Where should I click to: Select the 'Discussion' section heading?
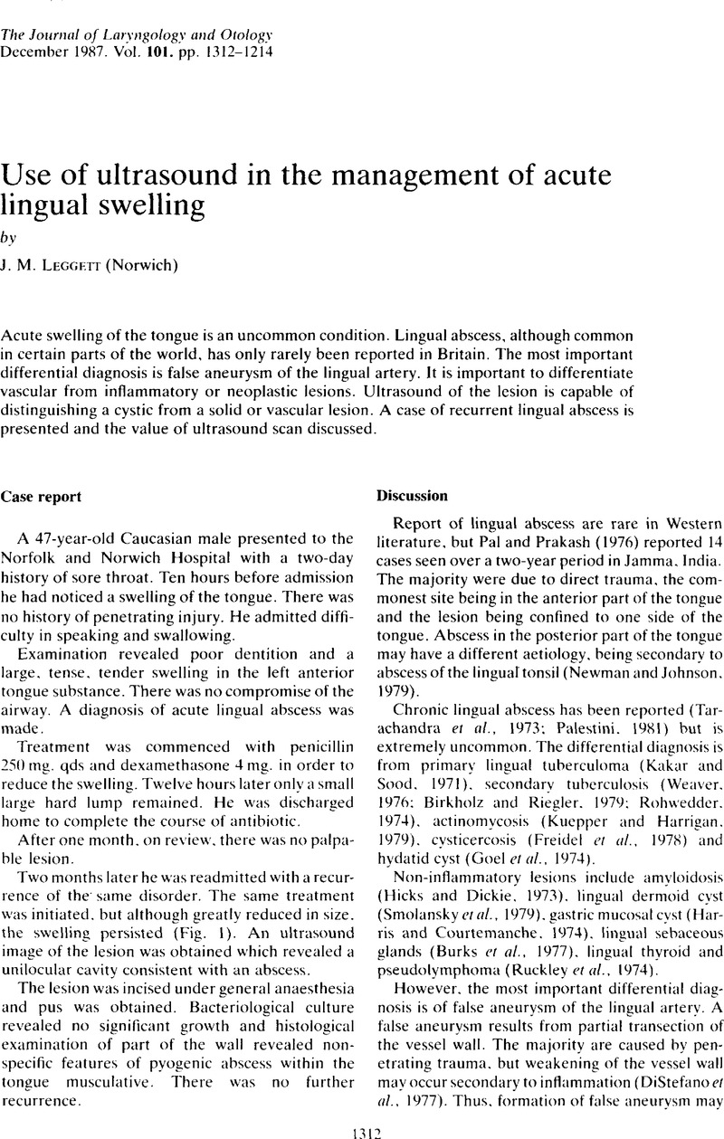[x=407, y=497]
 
